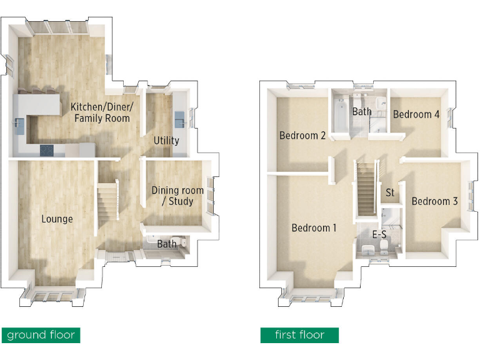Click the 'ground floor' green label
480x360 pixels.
tap(41, 335)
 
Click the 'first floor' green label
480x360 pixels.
tap(299, 335)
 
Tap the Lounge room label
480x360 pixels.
tap(57, 219)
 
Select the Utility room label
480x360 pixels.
tap(166, 141)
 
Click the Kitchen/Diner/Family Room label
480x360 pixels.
tap(100, 112)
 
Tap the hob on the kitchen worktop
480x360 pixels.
tap(47, 149)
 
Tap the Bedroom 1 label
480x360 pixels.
tap(314, 228)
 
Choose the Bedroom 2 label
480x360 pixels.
tap(302, 136)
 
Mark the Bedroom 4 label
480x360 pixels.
tap(416, 114)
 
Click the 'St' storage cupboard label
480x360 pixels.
tap(390, 192)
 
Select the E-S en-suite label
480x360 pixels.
tap(379, 236)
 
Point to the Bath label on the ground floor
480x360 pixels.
tap(166, 244)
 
